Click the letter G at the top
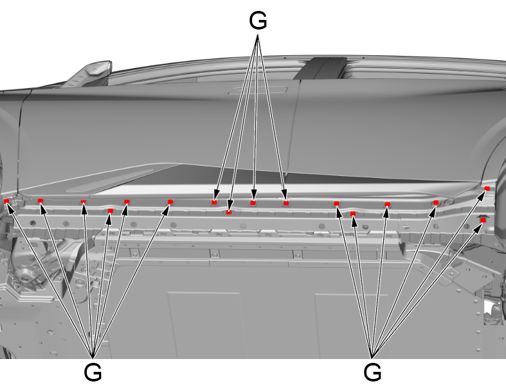(x=258, y=21)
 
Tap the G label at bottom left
(x=93, y=373)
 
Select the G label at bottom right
(x=372, y=373)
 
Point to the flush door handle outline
(x=258, y=91)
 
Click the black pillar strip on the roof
(x=320, y=68)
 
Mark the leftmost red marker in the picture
(x=6, y=201)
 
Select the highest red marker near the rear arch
(x=487, y=189)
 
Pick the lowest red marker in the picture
(x=483, y=220)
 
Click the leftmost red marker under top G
(x=214, y=202)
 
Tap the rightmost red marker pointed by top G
(x=286, y=203)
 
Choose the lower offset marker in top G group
(x=229, y=212)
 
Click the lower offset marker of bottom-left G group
(x=111, y=211)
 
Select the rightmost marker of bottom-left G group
(x=170, y=202)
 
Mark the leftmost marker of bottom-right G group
(x=336, y=204)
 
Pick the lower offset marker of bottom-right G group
(x=353, y=214)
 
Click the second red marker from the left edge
(x=40, y=200)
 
